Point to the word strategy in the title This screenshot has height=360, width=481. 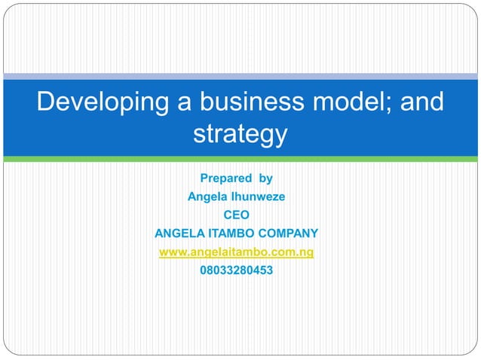coord(240,134)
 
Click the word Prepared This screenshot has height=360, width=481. coord(224,179)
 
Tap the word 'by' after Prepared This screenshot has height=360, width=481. coord(265,179)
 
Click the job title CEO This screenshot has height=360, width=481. coord(237,215)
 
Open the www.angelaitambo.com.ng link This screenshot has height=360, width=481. coord(237,251)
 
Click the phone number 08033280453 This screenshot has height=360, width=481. coord(237,269)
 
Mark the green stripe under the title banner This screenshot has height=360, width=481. coord(240,159)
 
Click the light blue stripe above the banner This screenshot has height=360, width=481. coord(240,76)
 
